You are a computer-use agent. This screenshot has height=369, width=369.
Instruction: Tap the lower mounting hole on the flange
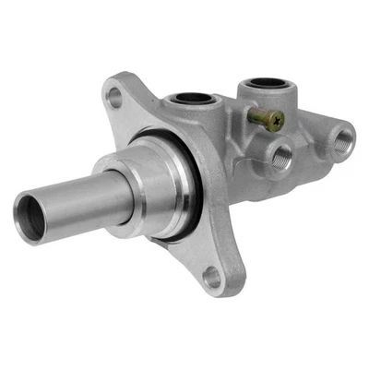tap(211, 271)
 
